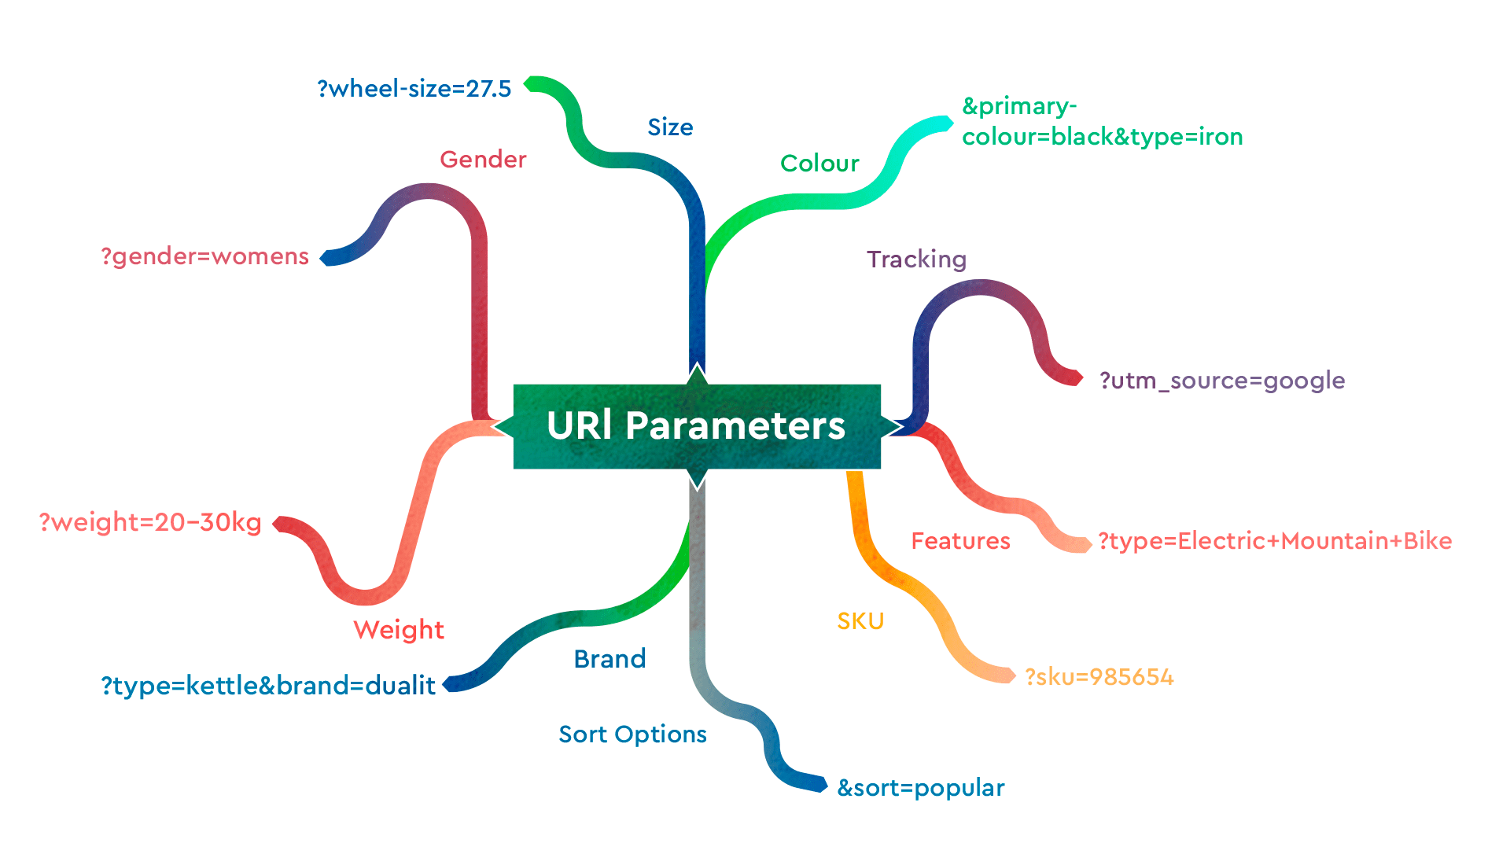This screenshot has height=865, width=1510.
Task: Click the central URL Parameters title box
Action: (x=697, y=426)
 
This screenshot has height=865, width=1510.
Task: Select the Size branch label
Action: (x=670, y=127)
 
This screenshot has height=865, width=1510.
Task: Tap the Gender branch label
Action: (x=483, y=160)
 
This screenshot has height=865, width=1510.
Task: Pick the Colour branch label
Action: (x=819, y=164)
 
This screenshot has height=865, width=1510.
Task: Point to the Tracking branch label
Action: (x=916, y=259)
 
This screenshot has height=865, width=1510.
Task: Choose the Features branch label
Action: (x=960, y=541)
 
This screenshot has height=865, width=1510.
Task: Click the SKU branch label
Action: (x=860, y=621)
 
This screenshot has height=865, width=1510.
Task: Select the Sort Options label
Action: (x=632, y=734)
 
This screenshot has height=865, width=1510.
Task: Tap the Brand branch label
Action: (x=610, y=659)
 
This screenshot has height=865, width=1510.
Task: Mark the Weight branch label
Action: (x=399, y=630)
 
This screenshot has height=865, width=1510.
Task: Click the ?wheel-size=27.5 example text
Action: (x=414, y=89)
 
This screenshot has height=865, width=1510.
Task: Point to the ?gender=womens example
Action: (x=205, y=256)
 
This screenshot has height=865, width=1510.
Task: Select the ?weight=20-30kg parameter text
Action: (x=150, y=522)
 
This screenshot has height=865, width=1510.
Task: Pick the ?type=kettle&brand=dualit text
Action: (x=268, y=686)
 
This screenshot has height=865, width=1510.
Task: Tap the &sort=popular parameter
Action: (x=921, y=788)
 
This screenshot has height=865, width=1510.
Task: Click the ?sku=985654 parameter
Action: (x=1099, y=677)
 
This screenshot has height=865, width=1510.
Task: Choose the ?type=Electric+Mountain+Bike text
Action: (x=1275, y=541)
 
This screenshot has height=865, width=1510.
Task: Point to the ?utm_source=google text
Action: (x=1222, y=381)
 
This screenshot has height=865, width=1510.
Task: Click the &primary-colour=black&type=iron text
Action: (x=1102, y=122)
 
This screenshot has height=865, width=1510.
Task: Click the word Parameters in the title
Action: (x=735, y=426)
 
